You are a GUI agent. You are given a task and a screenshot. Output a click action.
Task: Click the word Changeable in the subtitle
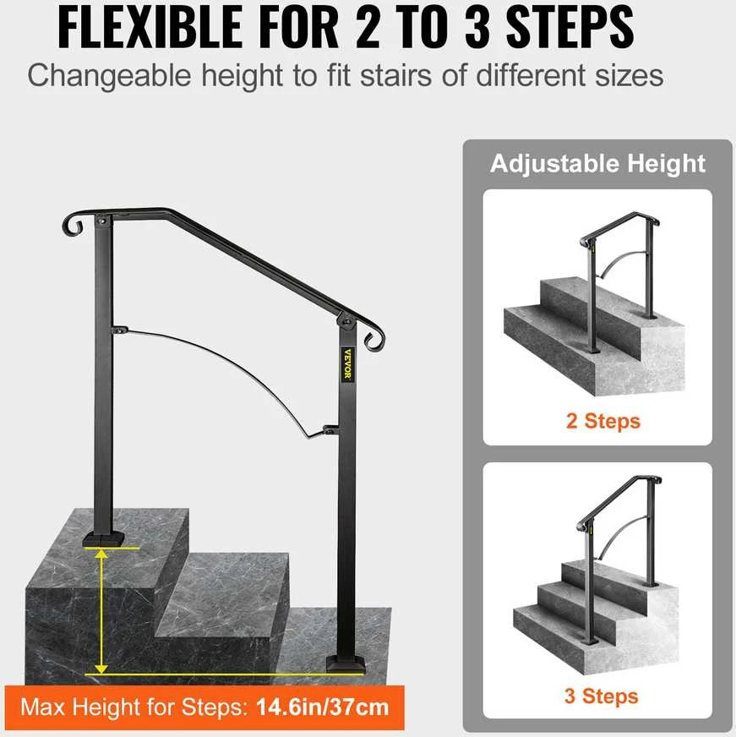(110, 76)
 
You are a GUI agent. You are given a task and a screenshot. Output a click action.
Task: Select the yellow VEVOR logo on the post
(347, 363)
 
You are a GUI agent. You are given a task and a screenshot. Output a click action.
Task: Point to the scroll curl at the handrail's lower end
(374, 337)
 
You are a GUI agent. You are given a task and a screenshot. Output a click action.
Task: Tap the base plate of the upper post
(103, 539)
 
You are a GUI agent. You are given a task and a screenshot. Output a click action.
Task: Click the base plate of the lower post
(346, 664)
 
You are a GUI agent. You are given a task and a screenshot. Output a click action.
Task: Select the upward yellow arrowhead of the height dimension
(101, 554)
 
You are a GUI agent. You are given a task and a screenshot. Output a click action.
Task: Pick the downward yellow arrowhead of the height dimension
(101, 668)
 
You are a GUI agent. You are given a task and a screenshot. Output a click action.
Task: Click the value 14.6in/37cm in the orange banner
(323, 707)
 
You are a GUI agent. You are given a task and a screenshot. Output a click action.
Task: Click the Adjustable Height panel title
(597, 164)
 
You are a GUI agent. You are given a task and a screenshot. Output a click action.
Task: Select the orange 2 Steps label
(603, 421)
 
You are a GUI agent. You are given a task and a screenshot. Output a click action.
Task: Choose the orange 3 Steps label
(601, 696)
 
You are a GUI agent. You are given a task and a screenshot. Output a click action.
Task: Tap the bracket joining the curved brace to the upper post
(120, 330)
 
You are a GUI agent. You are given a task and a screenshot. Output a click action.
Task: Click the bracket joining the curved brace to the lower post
(330, 429)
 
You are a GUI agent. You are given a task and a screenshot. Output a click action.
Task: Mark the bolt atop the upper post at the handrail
(102, 220)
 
